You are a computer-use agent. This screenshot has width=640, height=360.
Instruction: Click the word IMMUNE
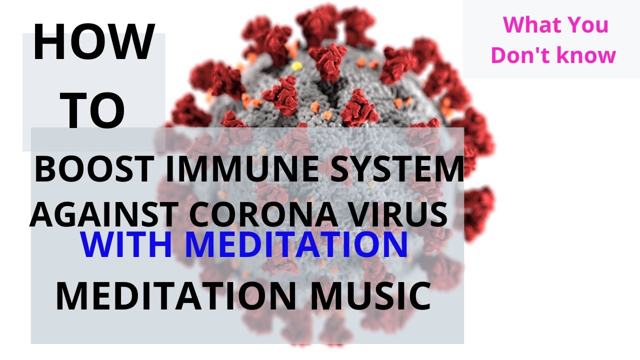(x=241, y=169)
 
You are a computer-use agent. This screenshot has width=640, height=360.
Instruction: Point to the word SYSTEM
(x=397, y=169)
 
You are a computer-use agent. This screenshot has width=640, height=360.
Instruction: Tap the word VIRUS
(x=398, y=214)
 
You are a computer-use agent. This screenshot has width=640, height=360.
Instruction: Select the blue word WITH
(x=126, y=244)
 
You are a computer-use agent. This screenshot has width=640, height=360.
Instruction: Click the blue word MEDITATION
(x=297, y=244)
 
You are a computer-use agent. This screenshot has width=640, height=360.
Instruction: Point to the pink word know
(x=586, y=55)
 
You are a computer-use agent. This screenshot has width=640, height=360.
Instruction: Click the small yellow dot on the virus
(x=297, y=66)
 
